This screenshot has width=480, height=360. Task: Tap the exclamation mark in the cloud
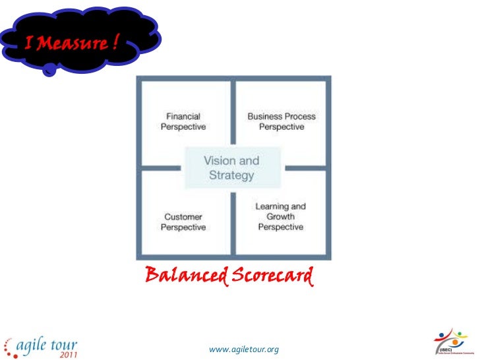[x=115, y=44]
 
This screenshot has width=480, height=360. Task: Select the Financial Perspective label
[x=183, y=121]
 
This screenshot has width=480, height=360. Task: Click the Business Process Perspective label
[x=282, y=121]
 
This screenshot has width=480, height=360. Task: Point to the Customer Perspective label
[x=183, y=222]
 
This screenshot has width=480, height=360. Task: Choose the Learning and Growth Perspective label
[x=281, y=216]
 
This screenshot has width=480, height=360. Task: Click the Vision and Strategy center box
[x=231, y=167]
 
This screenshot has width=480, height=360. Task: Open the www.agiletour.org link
[x=244, y=347]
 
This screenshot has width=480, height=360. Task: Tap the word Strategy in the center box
[x=231, y=175]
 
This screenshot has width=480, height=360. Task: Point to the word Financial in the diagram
[x=183, y=116]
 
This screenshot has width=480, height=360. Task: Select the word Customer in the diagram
[x=183, y=216]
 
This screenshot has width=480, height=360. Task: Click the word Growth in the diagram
[x=281, y=216]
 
